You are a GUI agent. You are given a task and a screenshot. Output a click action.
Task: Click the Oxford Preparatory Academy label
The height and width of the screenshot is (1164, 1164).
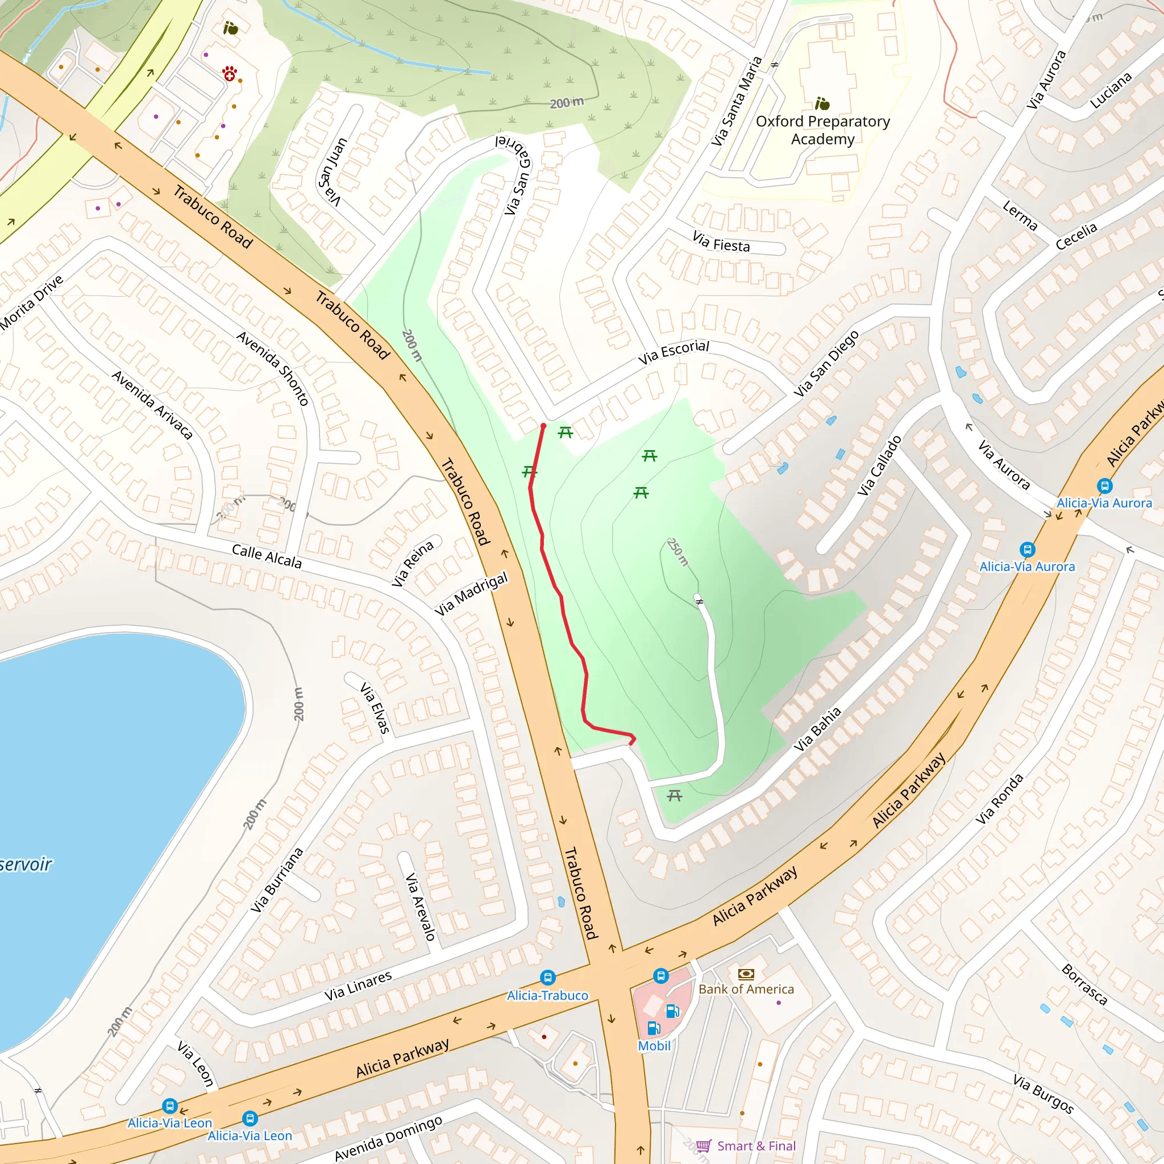(x=822, y=130)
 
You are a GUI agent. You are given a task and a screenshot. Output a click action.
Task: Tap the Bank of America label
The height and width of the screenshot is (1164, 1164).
(x=746, y=989)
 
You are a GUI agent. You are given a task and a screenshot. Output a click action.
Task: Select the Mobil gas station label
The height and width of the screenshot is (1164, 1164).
(x=654, y=1045)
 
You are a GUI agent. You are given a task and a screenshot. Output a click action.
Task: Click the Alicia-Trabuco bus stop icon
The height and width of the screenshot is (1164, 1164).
(x=547, y=976)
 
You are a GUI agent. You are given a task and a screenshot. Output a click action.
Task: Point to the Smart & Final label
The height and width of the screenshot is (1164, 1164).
(x=756, y=1145)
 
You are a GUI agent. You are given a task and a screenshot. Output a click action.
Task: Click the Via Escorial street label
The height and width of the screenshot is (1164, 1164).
(x=674, y=352)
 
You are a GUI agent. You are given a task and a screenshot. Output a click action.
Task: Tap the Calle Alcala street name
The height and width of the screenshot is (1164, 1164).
(x=267, y=556)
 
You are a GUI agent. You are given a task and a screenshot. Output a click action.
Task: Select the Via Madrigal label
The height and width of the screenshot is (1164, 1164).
(x=471, y=594)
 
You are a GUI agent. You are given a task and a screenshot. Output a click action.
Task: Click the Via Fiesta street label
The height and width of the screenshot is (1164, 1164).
(x=721, y=242)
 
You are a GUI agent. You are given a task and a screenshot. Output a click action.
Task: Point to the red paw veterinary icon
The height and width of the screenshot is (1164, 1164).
(x=229, y=74)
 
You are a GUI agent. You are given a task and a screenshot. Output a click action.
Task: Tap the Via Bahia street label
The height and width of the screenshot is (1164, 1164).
(x=817, y=730)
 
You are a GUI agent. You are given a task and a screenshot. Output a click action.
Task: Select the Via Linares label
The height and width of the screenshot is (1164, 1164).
(x=358, y=986)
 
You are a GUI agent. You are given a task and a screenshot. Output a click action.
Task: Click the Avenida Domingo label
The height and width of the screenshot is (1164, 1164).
(x=389, y=1137)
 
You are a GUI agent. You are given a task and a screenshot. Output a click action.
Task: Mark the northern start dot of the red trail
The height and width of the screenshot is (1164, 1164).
(x=543, y=426)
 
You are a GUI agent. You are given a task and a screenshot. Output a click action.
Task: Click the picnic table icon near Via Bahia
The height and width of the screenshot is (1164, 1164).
(x=674, y=796)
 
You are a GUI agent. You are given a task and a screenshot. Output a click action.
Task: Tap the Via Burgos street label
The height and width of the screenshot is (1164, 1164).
(x=1043, y=1094)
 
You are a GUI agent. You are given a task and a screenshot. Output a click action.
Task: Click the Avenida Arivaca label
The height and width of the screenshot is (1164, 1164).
(x=152, y=405)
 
